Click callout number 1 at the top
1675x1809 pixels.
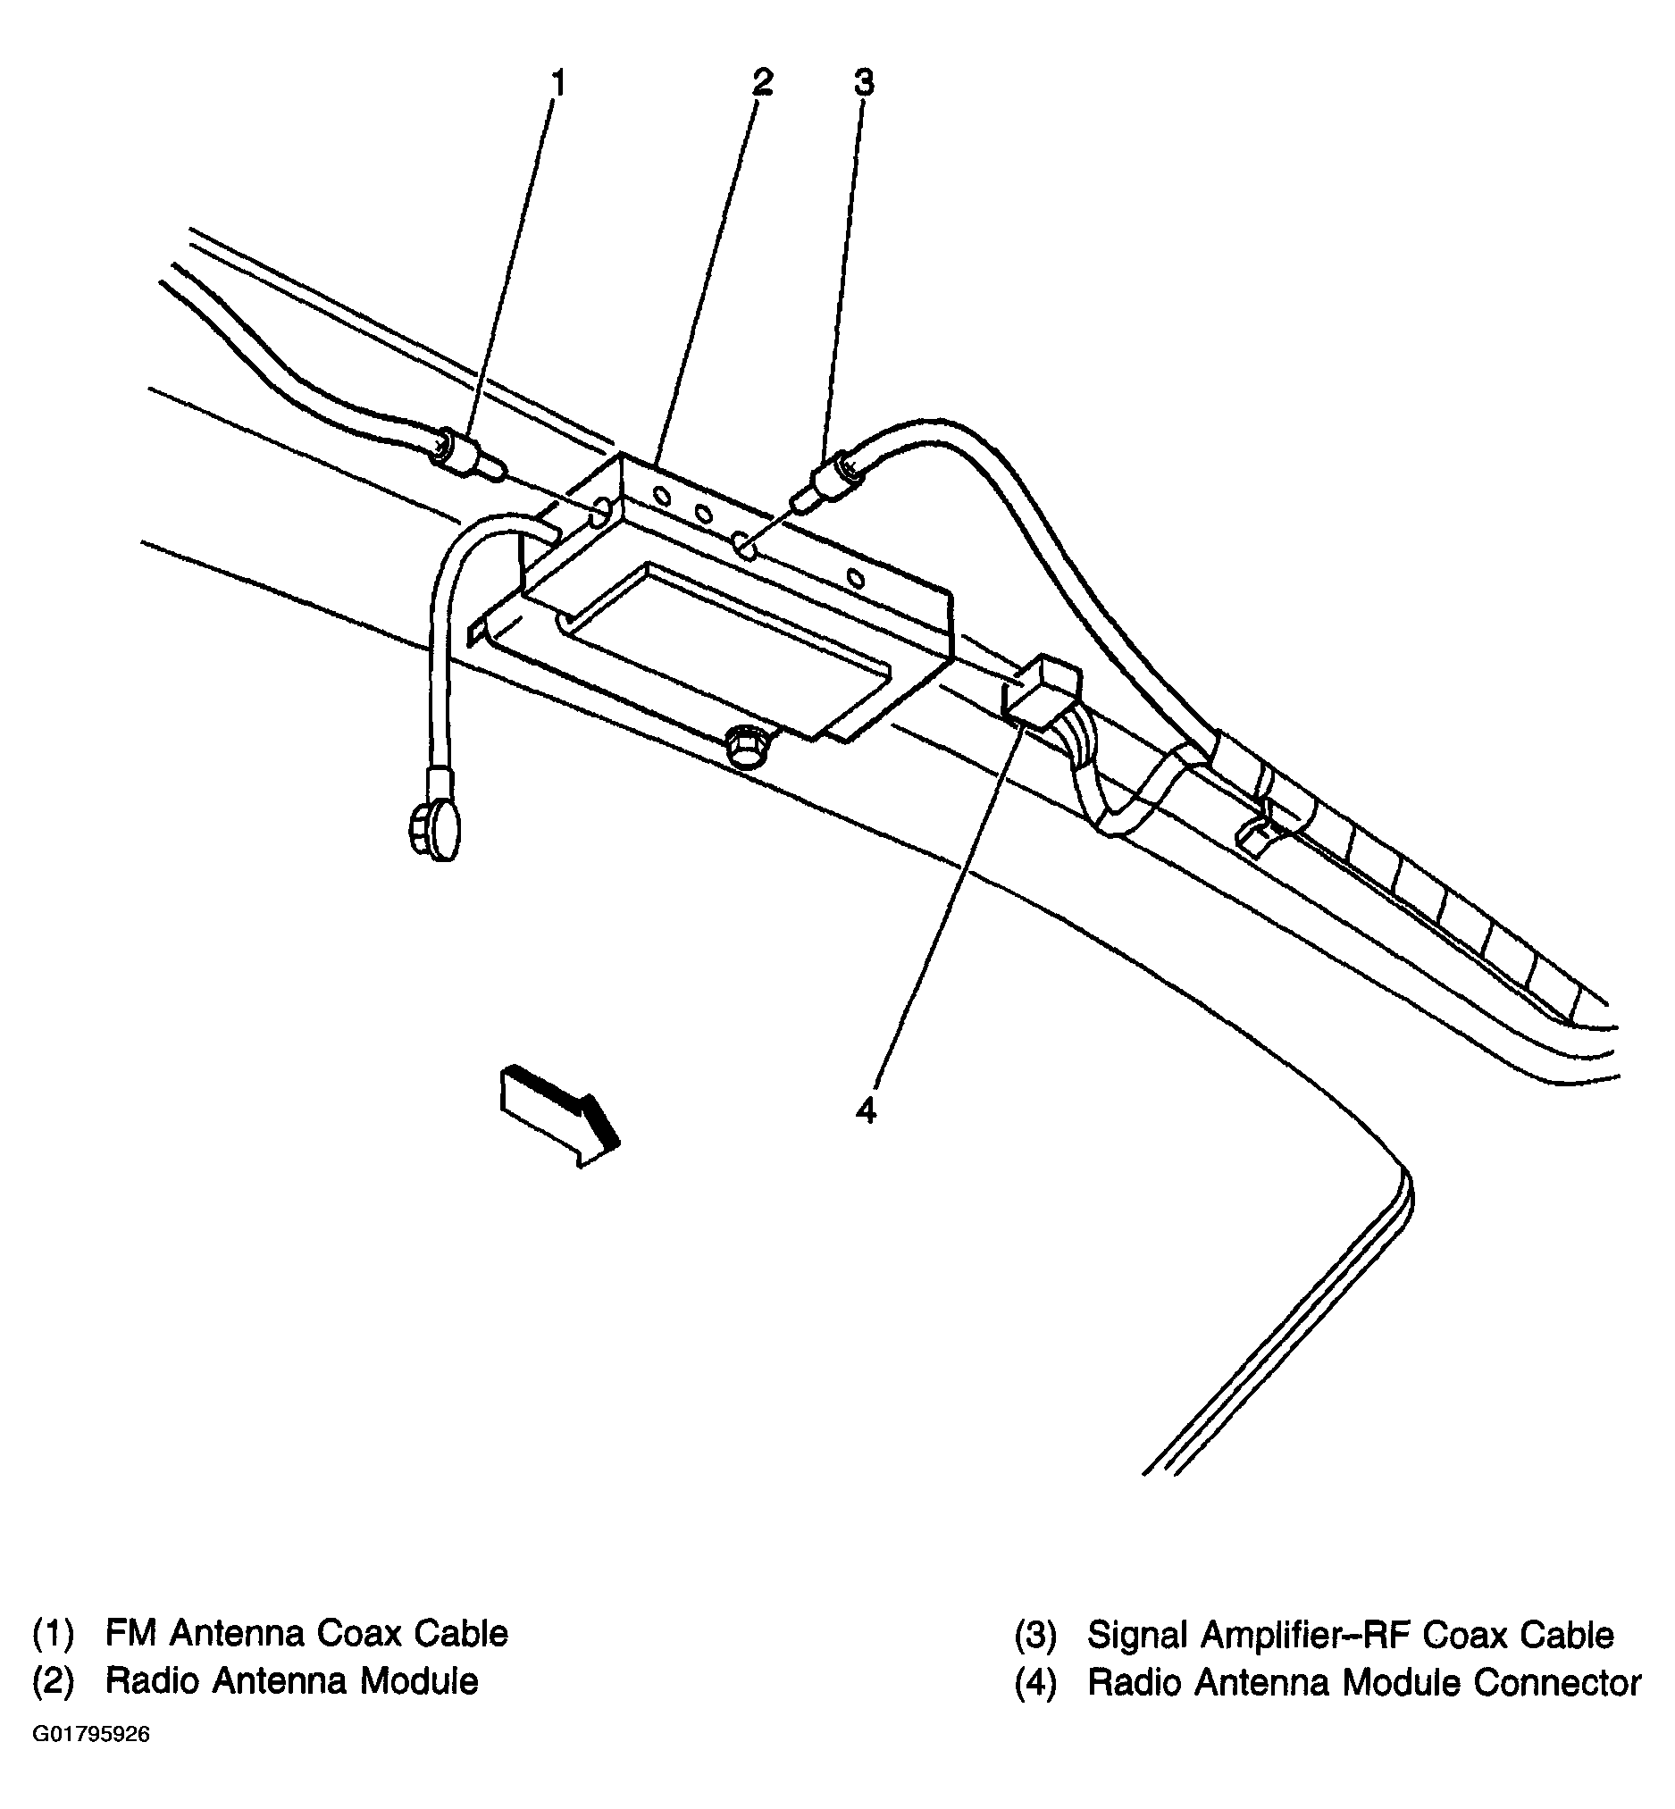[x=558, y=84]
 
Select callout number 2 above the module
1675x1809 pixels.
[x=762, y=82]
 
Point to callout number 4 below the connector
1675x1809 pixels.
[x=866, y=1110]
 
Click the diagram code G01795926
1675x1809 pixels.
[x=91, y=1735]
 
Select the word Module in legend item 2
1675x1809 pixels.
[x=419, y=1681]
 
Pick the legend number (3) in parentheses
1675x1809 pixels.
[x=1034, y=1634]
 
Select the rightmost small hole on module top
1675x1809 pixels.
[x=855, y=578]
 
